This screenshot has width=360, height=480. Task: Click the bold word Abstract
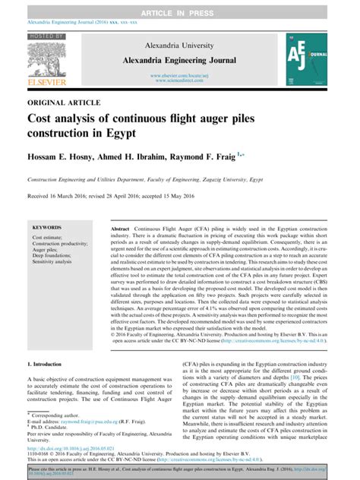point(120,229)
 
